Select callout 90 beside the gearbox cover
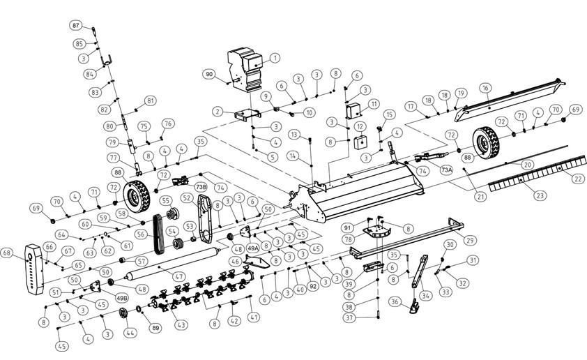click(x=209, y=73)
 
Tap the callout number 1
click(x=274, y=58)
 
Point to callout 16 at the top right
click(x=485, y=88)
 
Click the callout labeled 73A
click(x=447, y=170)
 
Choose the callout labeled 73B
click(x=200, y=187)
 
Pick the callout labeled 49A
click(x=253, y=248)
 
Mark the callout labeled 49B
click(x=121, y=298)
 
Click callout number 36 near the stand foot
click(x=395, y=302)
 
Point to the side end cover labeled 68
click(x=32, y=269)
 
